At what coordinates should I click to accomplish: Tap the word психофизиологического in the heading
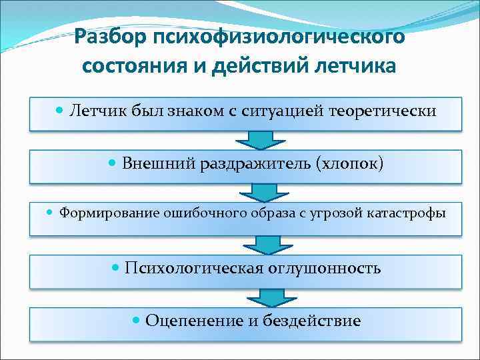tap(279, 37)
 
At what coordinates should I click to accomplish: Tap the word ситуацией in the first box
tap(283, 110)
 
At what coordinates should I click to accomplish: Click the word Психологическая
tap(194, 269)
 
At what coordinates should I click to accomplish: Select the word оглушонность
tap(325, 269)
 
